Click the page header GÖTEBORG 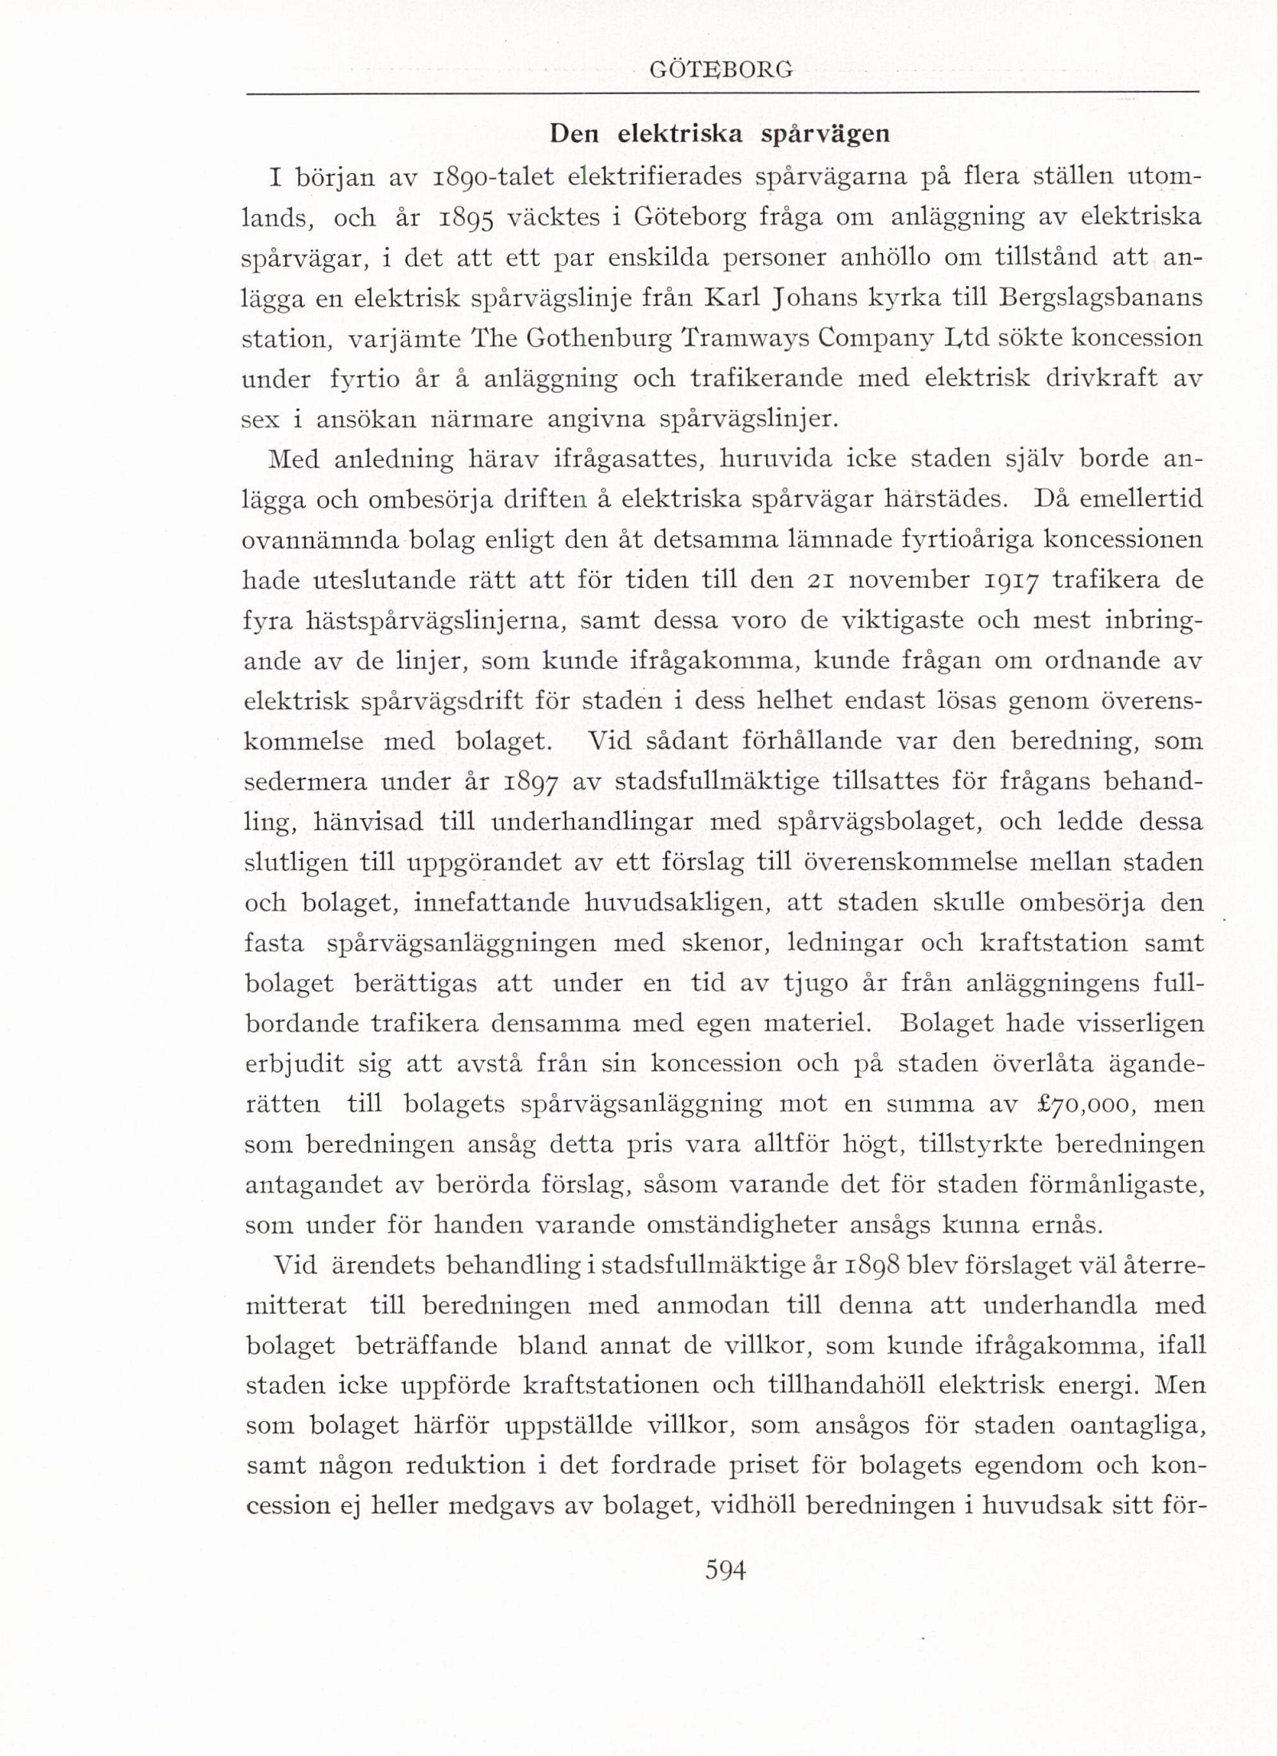point(721,70)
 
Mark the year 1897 point(526,781)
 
